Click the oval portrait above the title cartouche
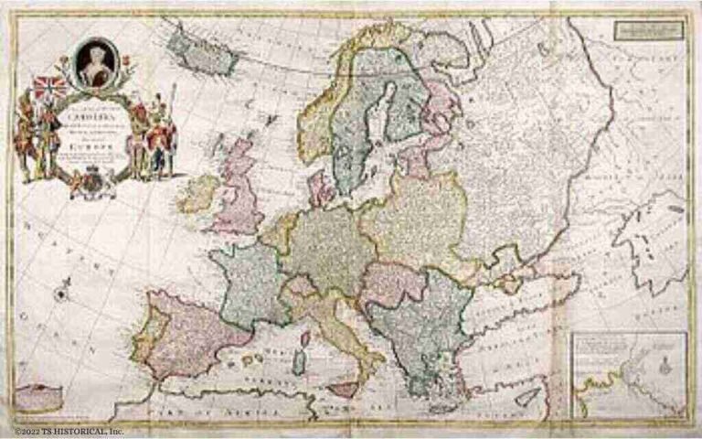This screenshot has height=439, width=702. [93, 61]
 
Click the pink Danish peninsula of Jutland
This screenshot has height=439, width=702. [320, 187]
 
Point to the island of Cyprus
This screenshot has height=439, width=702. [528, 397]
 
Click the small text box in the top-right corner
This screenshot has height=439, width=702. [649, 28]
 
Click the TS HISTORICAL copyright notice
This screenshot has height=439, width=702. [69, 431]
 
